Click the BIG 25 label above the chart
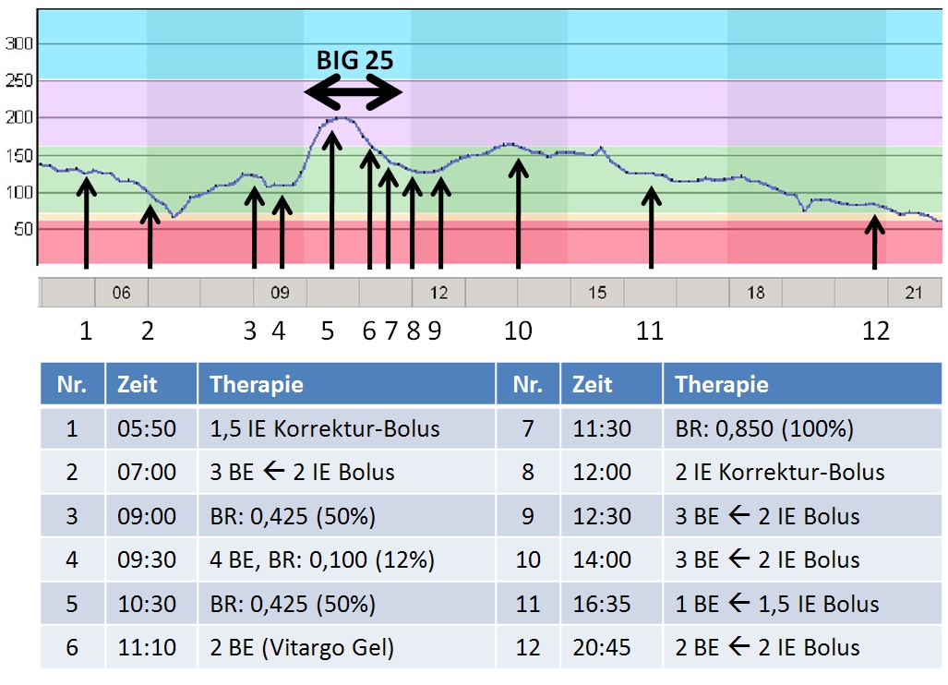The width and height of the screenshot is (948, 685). [x=354, y=61]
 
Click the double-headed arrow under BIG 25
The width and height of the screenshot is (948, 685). [x=354, y=91]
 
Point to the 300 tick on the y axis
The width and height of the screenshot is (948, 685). [x=19, y=43]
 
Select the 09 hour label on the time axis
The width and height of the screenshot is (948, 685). [x=280, y=294]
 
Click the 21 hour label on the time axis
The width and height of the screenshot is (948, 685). [x=914, y=294]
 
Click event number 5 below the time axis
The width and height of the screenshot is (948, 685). [x=328, y=330]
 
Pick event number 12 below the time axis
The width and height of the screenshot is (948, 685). [x=875, y=330]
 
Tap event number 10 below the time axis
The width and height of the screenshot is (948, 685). [x=519, y=330]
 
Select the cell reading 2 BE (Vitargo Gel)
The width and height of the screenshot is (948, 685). [x=302, y=648]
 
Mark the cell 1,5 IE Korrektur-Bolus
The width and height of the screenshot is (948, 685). [x=325, y=428]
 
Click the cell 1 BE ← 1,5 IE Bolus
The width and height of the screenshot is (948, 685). [x=777, y=605]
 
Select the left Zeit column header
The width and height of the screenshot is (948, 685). [x=138, y=385]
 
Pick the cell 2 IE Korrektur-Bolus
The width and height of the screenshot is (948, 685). [x=780, y=473]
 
